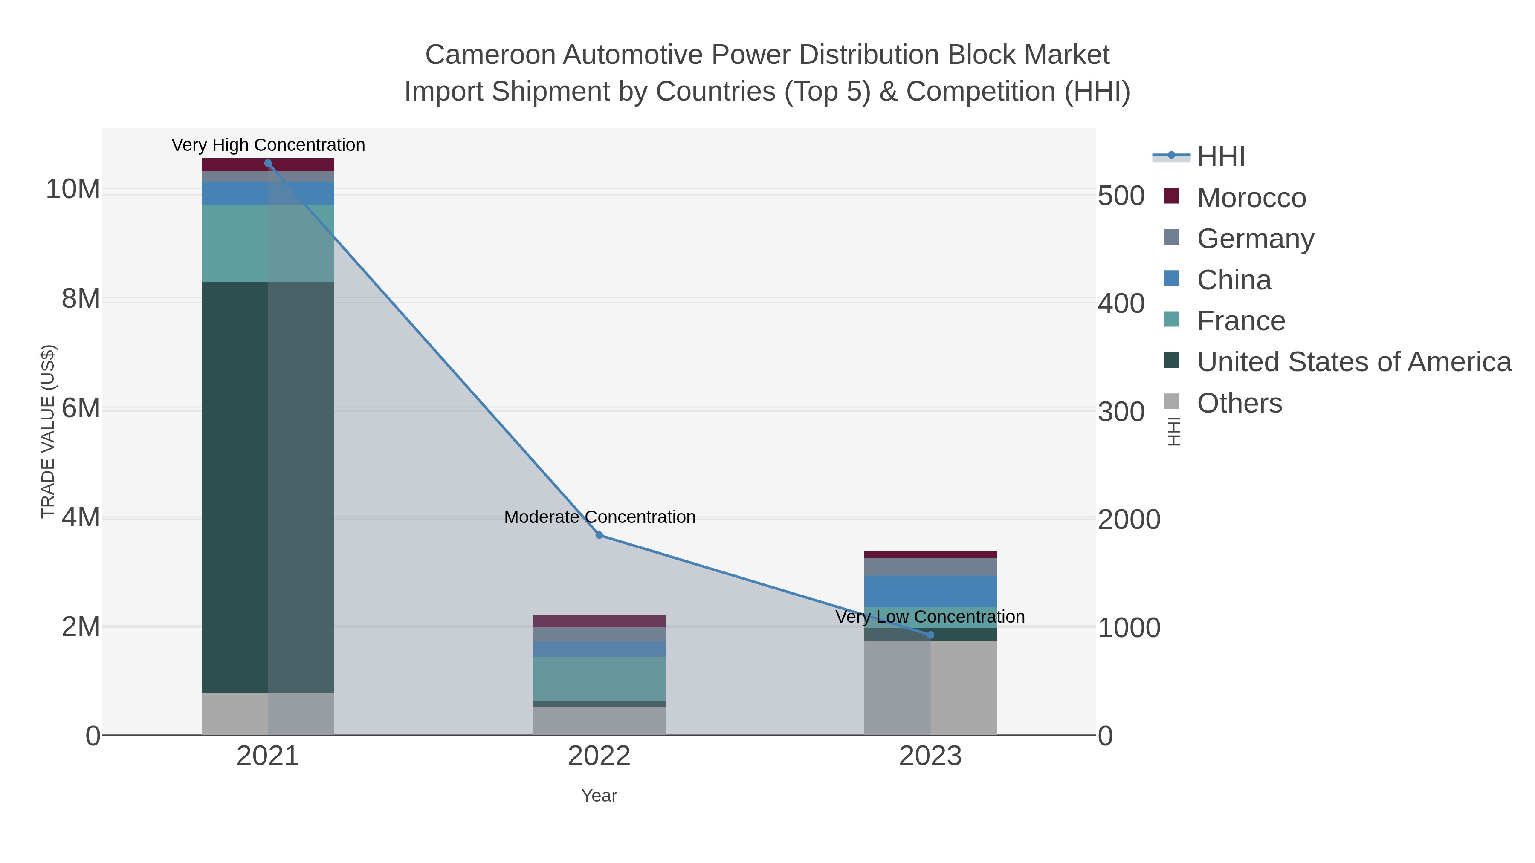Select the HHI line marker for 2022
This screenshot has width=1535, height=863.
[x=600, y=535]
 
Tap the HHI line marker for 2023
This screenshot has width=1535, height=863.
[x=931, y=635]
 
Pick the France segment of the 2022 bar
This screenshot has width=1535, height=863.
[x=599, y=679]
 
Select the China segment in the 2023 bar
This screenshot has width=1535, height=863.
[x=930, y=592]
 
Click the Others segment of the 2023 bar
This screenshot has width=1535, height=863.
[x=930, y=688]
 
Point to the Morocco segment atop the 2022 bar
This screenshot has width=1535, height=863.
[x=599, y=621]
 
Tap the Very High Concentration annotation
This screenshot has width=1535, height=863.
[x=268, y=145]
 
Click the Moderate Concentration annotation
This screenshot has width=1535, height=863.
[x=600, y=517]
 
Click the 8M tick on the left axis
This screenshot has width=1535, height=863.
[x=81, y=299]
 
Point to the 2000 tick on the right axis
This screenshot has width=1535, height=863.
[x=1129, y=520]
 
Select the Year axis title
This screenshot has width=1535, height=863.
[x=599, y=796]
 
